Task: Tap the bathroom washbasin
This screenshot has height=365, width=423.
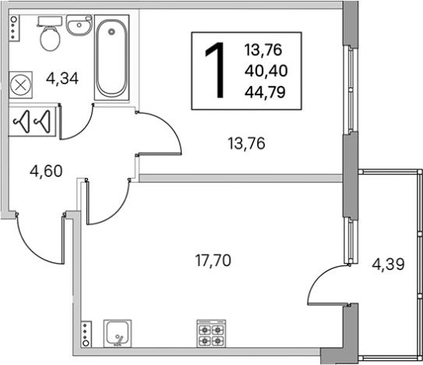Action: click(79, 26)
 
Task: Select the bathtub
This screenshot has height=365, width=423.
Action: click(111, 58)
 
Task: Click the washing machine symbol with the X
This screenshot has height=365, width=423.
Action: click(20, 85)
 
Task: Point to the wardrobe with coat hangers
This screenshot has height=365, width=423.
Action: click(33, 122)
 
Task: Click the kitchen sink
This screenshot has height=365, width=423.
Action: click(118, 334)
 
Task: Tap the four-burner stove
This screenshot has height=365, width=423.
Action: click(211, 334)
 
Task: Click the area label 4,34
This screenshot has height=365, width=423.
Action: click(62, 79)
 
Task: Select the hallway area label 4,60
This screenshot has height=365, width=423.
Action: click(46, 172)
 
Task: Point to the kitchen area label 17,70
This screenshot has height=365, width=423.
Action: click(213, 261)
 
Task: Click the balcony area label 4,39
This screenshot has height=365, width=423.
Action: click(388, 264)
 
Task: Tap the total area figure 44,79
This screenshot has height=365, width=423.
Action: click(265, 92)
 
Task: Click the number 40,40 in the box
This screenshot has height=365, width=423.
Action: click(266, 71)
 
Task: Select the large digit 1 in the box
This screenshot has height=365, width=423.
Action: click(215, 70)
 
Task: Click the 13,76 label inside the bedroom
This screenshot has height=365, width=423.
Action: click(246, 144)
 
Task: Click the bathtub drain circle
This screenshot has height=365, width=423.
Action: click(111, 32)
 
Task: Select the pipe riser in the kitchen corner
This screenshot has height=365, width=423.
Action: click(86, 335)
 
